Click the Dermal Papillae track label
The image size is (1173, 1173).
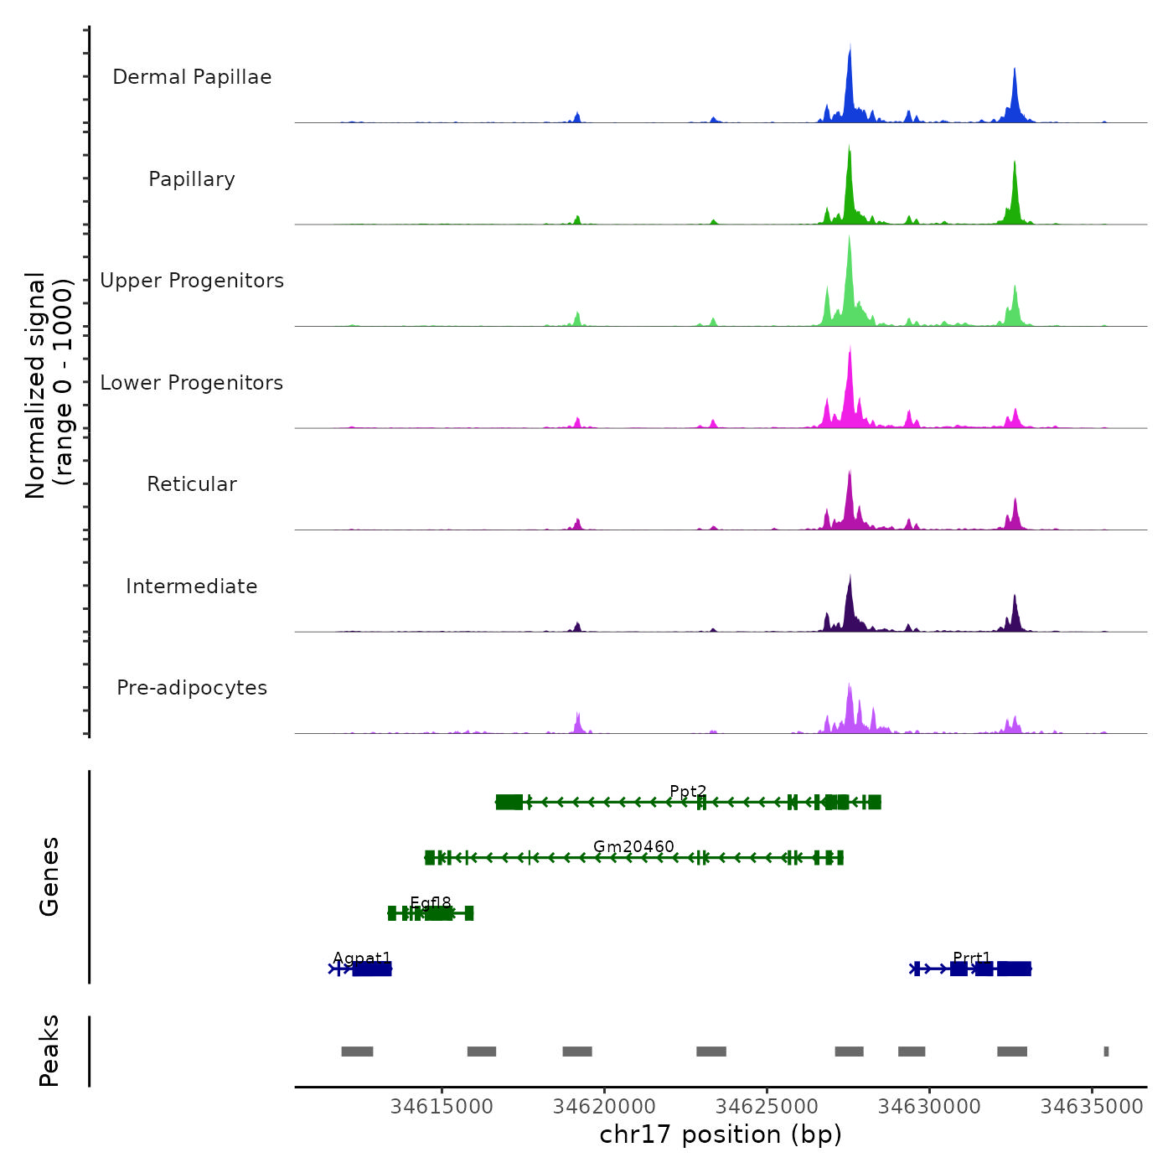(192, 77)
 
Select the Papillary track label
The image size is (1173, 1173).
(192, 179)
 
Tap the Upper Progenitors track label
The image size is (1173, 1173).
(192, 281)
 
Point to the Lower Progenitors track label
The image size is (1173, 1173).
(192, 383)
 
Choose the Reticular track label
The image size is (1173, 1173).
(192, 484)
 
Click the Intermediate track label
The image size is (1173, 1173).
(192, 586)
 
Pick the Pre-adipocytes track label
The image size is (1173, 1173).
(192, 688)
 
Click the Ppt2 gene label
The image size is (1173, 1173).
(688, 791)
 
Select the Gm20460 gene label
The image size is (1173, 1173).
(633, 846)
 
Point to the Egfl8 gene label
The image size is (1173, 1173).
(431, 902)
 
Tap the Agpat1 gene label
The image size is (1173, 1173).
(362, 958)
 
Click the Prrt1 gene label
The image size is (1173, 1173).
(972, 958)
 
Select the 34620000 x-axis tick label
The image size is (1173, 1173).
(604, 1106)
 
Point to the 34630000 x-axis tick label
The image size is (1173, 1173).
(929, 1106)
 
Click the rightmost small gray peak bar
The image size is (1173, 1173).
(1106, 1052)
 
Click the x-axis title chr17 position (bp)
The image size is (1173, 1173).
(721, 1134)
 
